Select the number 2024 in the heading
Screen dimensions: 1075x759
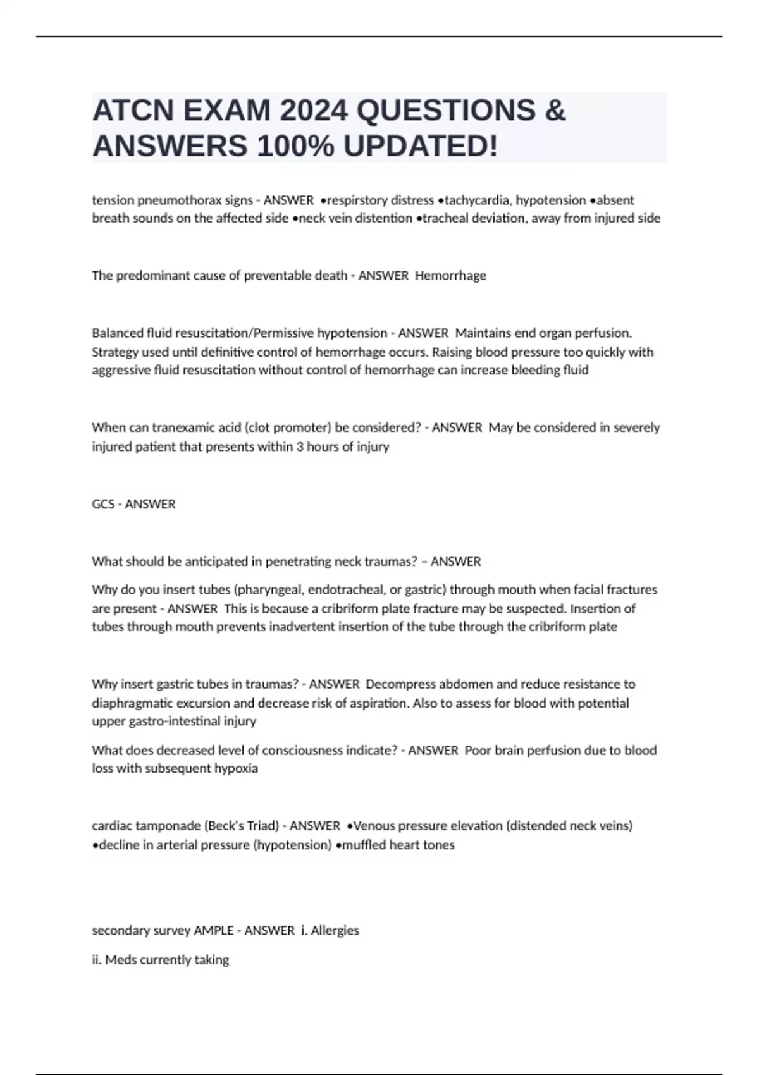[314, 111]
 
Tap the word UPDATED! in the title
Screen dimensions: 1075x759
[421, 146]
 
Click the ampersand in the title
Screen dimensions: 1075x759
[554, 111]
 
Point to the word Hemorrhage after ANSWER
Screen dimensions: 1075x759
[450, 276]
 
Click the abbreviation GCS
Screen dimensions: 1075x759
[103, 504]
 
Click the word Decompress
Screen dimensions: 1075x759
[401, 684]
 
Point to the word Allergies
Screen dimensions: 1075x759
[335, 930]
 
